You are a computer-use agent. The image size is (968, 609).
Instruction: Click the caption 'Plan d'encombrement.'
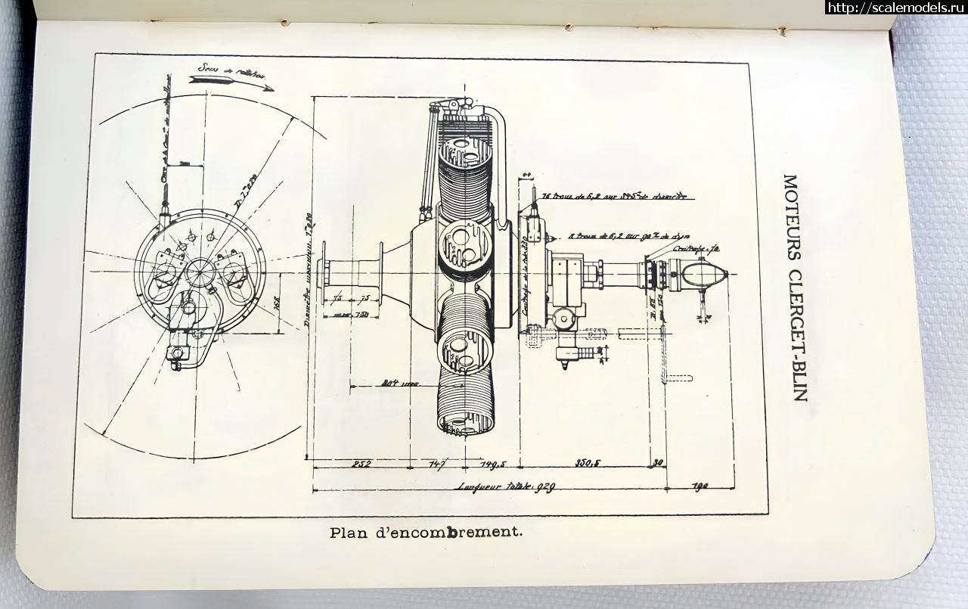(x=427, y=532)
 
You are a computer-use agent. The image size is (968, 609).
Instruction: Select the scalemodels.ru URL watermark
(x=895, y=8)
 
